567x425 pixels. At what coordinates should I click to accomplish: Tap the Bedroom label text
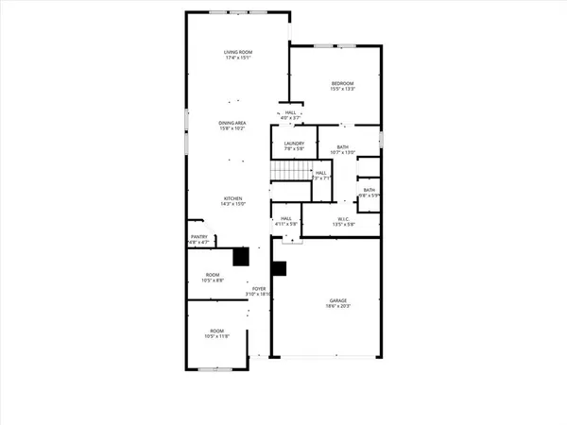[341, 84]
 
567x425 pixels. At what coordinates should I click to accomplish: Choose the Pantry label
[199, 237]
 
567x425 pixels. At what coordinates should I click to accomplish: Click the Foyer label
[258, 289]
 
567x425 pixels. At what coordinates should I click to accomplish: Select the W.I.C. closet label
[343, 220]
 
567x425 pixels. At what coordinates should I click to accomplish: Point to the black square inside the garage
[279, 267]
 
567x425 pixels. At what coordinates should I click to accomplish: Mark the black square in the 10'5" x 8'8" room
[241, 256]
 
